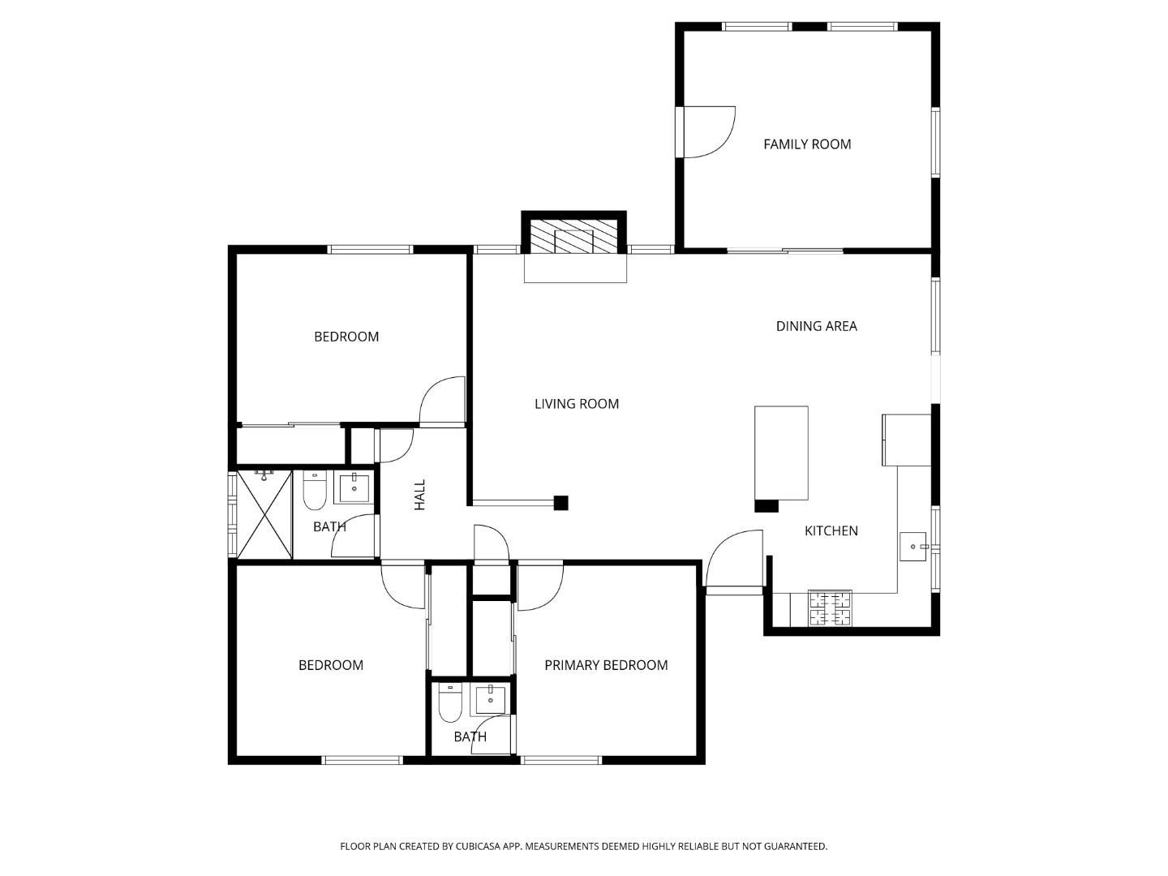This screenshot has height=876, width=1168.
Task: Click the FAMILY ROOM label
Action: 807,144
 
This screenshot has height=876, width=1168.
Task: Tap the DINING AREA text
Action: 816,326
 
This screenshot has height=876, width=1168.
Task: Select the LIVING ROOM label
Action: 576,404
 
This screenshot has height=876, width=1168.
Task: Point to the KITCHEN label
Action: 831,530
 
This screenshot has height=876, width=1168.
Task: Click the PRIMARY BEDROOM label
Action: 606,665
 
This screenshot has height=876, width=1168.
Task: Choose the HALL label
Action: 419,495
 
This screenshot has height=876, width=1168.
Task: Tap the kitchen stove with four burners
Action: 830,608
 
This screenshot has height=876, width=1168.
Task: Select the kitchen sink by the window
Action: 914,547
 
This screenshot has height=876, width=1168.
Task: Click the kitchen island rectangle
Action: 781,453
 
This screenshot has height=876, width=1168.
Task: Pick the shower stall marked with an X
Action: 264,514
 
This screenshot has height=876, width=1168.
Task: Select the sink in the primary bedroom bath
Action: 491,698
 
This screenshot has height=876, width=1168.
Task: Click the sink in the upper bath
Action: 354,488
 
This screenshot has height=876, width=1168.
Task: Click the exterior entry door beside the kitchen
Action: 735,561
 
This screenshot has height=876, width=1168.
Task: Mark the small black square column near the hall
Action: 560,503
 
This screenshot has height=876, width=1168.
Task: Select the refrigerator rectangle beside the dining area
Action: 906,440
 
